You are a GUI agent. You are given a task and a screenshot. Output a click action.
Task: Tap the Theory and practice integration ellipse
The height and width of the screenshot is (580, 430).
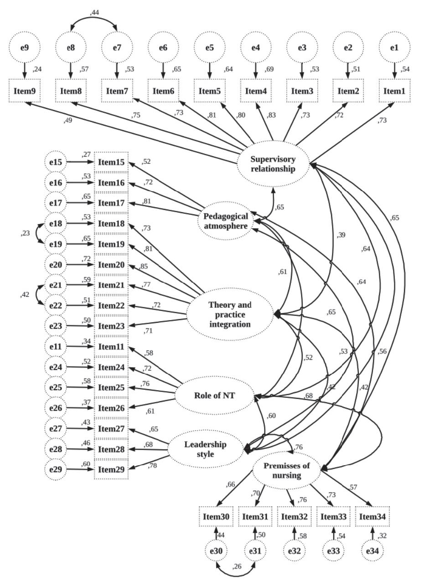click(230, 315)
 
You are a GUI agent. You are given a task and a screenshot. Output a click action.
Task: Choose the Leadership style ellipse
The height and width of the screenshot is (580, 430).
click(205, 449)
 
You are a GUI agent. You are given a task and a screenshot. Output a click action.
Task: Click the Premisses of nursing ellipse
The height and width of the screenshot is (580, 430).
click(287, 471)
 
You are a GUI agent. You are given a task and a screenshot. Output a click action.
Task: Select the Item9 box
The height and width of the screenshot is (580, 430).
click(24, 91)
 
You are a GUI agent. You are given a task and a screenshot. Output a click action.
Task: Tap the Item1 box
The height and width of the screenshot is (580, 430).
click(394, 91)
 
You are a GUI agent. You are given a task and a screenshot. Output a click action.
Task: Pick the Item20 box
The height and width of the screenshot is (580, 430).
click(111, 265)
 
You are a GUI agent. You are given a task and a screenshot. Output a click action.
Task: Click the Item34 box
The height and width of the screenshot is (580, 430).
click(373, 517)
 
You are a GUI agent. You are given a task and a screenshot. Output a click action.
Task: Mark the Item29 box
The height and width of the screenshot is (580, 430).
click(111, 470)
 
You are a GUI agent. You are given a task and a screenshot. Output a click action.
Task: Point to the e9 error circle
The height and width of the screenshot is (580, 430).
click(24, 47)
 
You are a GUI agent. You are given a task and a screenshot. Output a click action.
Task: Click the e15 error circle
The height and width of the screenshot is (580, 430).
click(56, 162)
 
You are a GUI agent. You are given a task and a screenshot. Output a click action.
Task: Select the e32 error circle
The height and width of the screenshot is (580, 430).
click(294, 551)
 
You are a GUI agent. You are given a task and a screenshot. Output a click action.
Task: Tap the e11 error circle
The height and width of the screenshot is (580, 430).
click(56, 347)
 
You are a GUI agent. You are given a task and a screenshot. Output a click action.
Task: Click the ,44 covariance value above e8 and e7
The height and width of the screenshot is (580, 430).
click(94, 12)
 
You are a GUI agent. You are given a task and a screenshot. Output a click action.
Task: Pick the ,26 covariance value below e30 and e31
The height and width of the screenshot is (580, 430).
click(237, 566)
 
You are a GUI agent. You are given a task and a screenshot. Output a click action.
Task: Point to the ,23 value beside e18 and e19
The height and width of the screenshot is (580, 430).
click(26, 234)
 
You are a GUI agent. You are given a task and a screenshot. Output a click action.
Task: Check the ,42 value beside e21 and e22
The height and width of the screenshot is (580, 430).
click(26, 295)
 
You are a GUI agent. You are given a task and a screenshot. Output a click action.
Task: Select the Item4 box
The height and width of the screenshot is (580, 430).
click(255, 91)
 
